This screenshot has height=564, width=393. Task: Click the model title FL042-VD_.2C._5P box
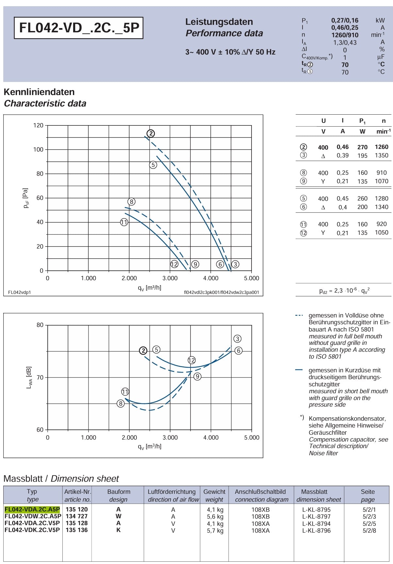[79, 28]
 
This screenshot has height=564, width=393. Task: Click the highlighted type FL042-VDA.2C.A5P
[32, 509]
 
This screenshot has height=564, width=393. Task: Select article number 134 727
[77, 516]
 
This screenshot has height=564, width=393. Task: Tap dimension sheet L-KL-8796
[316, 531]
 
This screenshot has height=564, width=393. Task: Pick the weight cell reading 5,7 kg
[215, 531]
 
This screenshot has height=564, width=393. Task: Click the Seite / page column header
[368, 495]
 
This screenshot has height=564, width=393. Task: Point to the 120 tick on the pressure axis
[38, 125]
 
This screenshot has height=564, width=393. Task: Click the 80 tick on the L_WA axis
[40, 325]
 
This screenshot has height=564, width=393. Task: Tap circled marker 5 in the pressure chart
[153, 165]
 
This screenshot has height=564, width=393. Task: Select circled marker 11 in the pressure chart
[124, 222]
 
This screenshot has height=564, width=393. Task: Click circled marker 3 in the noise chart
[237, 339]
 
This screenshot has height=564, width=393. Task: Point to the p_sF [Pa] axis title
[26, 198]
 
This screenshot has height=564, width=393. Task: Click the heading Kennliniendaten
[39, 92]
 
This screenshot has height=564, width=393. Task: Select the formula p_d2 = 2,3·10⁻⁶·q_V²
[344, 290]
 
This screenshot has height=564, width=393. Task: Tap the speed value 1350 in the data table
[382, 155]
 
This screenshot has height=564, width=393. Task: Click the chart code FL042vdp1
[19, 292]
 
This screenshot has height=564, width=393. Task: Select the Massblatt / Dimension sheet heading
[61, 479]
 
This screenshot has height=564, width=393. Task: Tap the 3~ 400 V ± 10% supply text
[230, 52]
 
